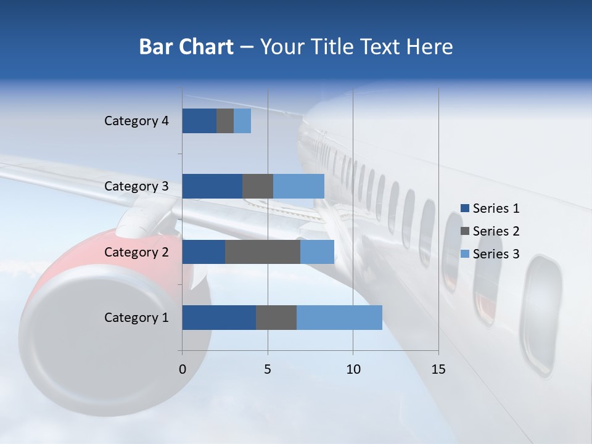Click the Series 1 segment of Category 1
(219, 317)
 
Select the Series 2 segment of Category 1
(276, 317)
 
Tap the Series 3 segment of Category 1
(339, 317)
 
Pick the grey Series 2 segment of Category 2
(263, 252)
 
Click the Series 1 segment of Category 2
(203, 252)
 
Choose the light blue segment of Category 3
(298, 186)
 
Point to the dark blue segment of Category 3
(212, 186)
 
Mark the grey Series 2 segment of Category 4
(225, 121)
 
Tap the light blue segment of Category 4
(242, 121)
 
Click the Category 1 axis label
(136, 318)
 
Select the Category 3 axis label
(136, 186)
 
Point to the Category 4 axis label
(136, 121)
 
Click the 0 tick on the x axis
(183, 369)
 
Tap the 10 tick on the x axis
(353, 369)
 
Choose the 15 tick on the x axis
(438, 369)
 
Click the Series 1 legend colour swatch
(464, 208)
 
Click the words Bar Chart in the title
(186, 47)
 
